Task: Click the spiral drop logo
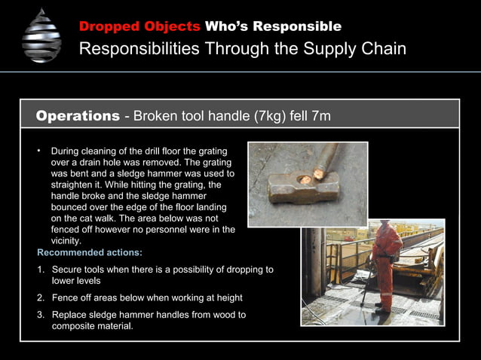pos(41,35)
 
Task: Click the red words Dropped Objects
pos(139,26)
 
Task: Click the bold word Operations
pos(78,116)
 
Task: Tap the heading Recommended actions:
pos(89,252)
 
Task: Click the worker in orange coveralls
pos(386,260)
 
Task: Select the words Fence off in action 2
pos(73,297)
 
